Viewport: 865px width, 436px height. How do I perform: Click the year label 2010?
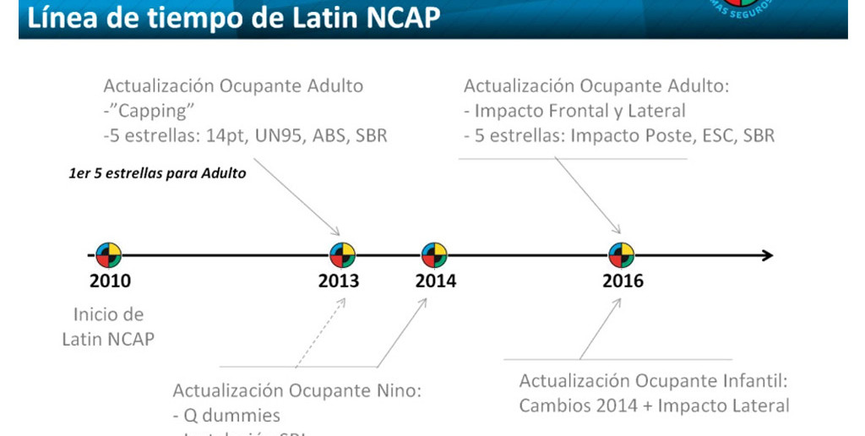click(x=110, y=281)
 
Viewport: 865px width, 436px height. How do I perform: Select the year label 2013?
click(x=338, y=281)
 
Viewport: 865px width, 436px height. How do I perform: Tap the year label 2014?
click(x=435, y=281)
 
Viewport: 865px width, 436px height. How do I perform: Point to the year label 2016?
click(x=623, y=281)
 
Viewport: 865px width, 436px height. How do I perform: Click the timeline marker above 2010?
click(x=109, y=254)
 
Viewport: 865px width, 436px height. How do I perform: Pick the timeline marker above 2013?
click(x=342, y=254)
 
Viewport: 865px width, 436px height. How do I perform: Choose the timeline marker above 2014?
click(x=434, y=254)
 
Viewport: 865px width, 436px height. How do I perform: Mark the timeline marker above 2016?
click(x=621, y=254)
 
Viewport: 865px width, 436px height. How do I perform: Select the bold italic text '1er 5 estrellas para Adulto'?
click(x=157, y=174)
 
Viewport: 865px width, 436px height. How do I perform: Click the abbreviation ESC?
click(x=715, y=135)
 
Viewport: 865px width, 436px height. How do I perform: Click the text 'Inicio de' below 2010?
click(x=108, y=315)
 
